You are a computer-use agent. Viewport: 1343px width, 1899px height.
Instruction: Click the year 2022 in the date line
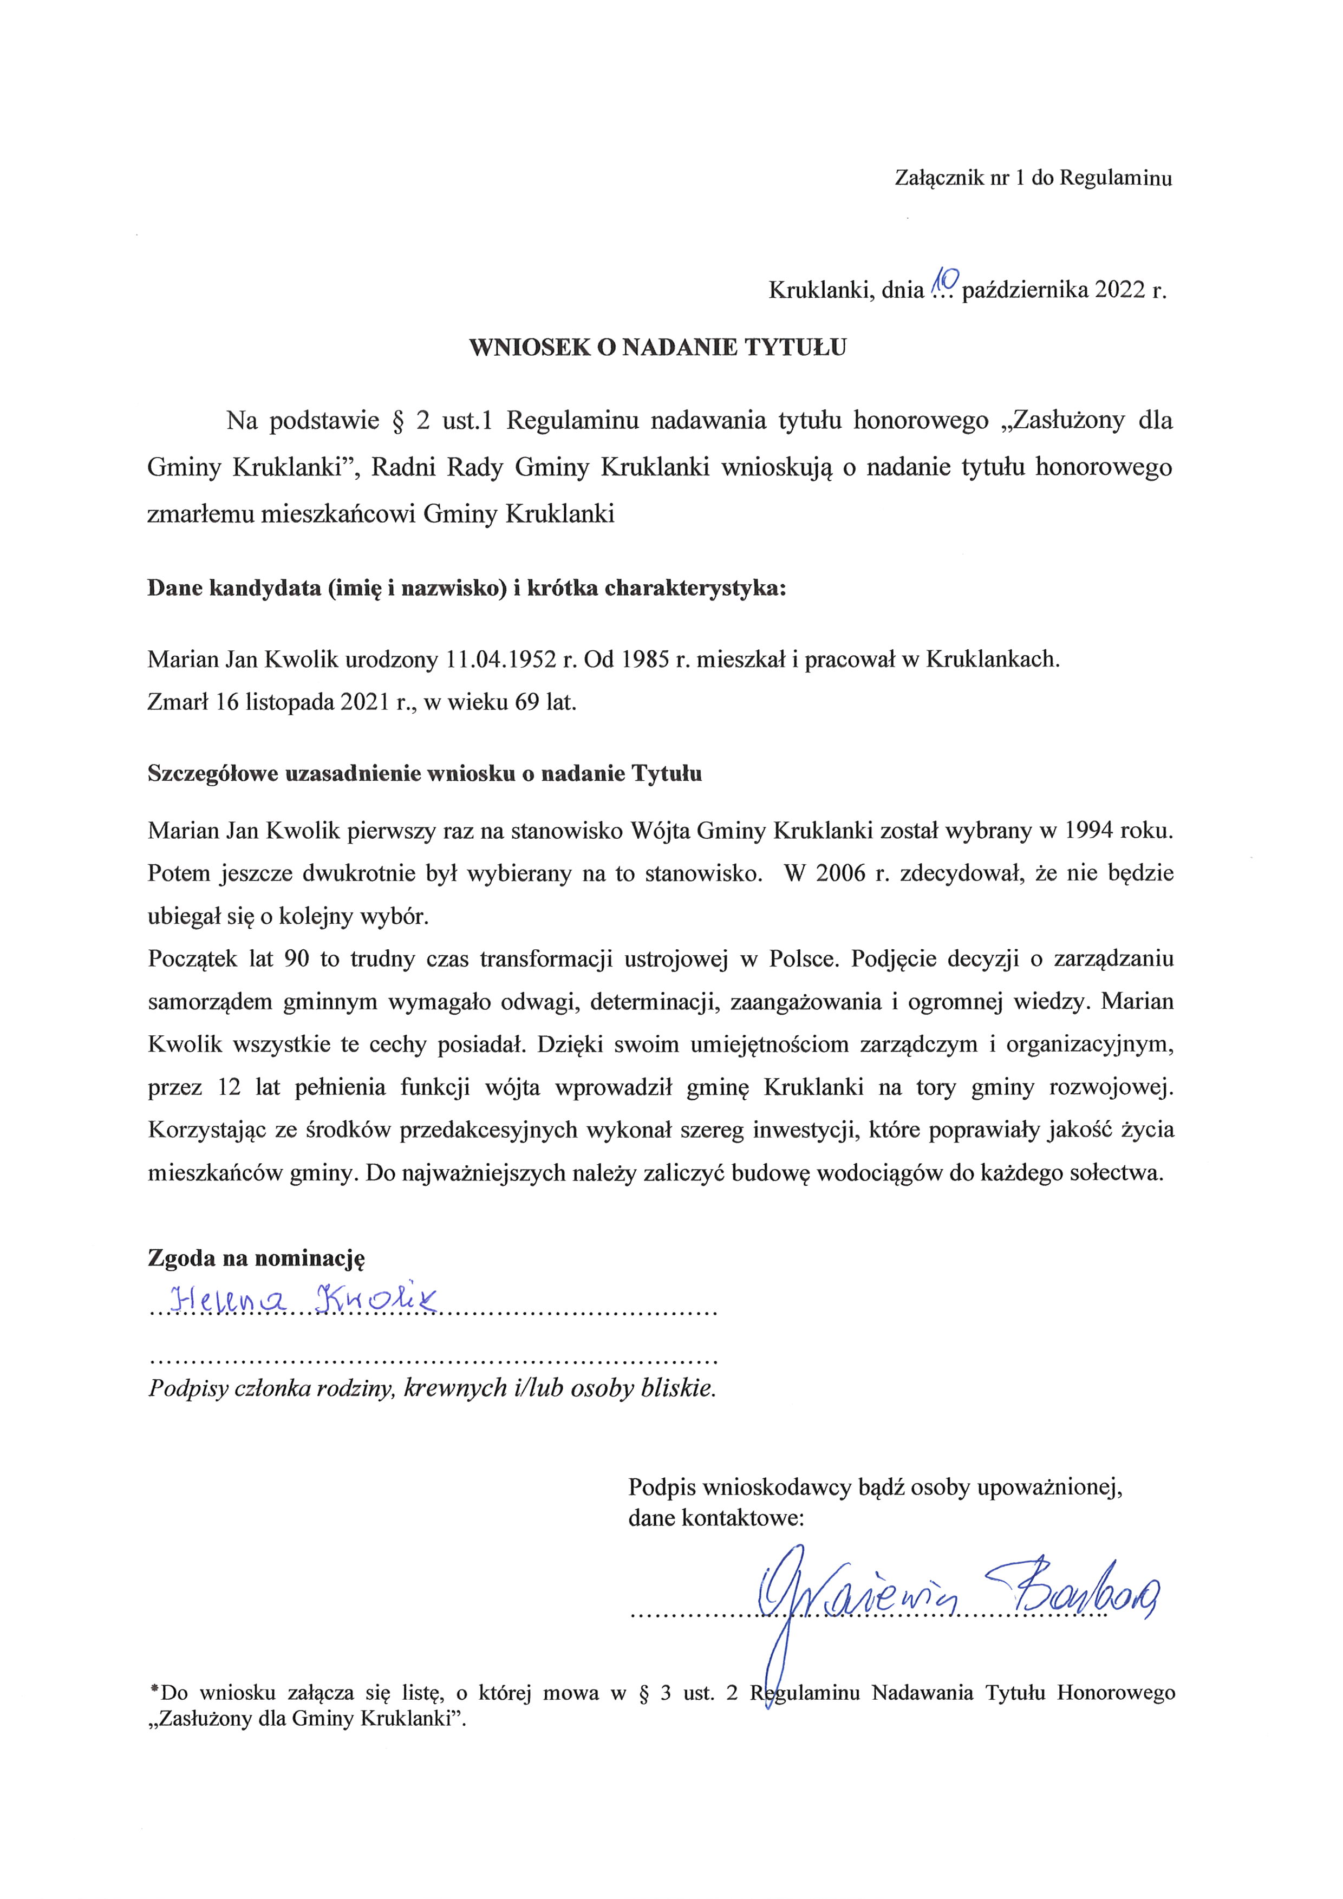click(1120, 290)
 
